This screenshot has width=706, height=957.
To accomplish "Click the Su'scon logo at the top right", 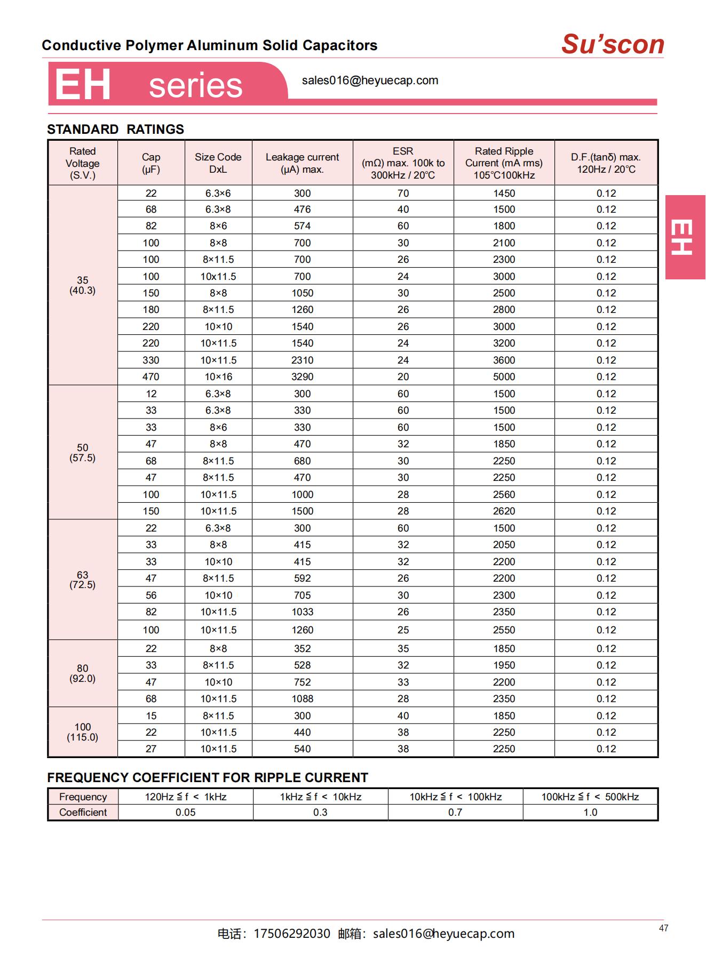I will click(x=612, y=44).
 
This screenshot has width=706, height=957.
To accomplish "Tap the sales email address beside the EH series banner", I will click(x=370, y=81).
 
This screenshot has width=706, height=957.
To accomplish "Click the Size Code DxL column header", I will click(x=218, y=163).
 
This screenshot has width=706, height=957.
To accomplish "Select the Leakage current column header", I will click(x=302, y=163).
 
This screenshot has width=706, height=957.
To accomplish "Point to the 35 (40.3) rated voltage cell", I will click(x=82, y=285).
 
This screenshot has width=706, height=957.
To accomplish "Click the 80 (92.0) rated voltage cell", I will click(x=82, y=673).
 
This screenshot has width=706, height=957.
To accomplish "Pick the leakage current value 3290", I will click(x=302, y=377).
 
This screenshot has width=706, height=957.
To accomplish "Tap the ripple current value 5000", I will click(x=504, y=377).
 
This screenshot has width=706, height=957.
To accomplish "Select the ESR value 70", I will click(x=403, y=194).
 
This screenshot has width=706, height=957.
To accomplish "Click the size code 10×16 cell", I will click(x=218, y=377).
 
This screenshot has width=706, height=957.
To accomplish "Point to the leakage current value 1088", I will click(x=302, y=699).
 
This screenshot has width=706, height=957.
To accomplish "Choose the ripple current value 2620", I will click(x=504, y=511).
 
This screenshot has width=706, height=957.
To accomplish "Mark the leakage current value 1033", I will click(x=302, y=612).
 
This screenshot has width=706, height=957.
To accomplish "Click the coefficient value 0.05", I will click(x=185, y=813).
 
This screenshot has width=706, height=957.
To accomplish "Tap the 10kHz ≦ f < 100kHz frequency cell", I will click(x=455, y=797).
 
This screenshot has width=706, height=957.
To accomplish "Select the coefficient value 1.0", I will click(x=590, y=813).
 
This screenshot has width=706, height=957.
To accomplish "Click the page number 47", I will click(x=663, y=928).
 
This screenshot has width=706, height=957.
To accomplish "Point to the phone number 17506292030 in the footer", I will click(x=291, y=934).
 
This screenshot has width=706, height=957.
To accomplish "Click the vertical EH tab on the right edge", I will click(x=685, y=237).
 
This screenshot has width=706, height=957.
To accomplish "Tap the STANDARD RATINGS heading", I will click(x=115, y=130).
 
